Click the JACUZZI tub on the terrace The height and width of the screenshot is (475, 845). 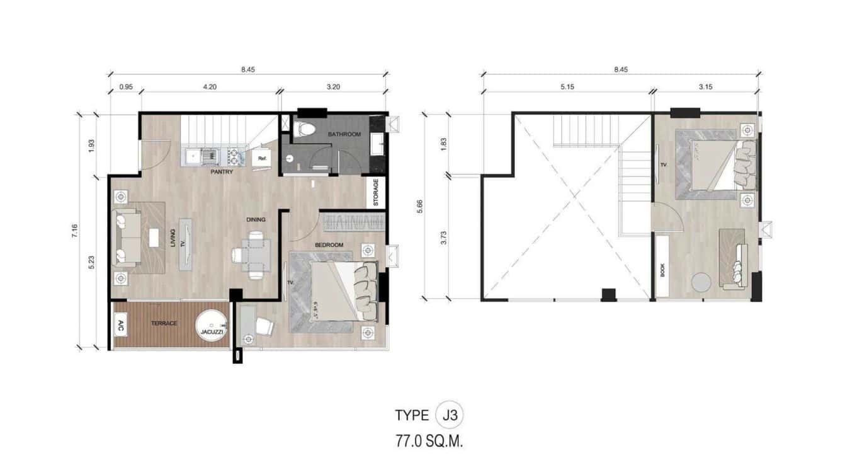pyautogui.click(x=212, y=326)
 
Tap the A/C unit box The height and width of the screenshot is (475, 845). pyautogui.click(x=120, y=326)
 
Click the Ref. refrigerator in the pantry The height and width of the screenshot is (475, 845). pyautogui.click(x=261, y=159)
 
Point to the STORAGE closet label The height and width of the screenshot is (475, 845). pyautogui.click(x=376, y=193)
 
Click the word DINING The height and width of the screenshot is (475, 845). pyautogui.click(x=256, y=220)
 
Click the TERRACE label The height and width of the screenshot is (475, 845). pyautogui.click(x=164, y=323)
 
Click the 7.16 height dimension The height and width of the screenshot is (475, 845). pyautogui.click(x=75, y=231)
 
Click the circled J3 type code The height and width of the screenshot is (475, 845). pyautogui.click(x=450, y=415)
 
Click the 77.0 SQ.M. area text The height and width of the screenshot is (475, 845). pyautogui.click(x=429, y=442)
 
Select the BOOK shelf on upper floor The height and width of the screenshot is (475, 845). pyautogui.click(x=662, y=265)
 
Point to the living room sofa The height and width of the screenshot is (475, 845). pyautogui.click(x=127, y=237)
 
